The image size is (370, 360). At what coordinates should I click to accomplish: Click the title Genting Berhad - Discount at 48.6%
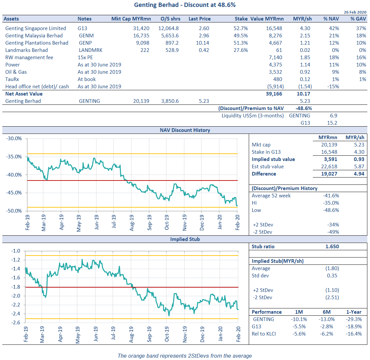(185, 5)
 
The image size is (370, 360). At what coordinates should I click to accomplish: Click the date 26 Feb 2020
(355, 12)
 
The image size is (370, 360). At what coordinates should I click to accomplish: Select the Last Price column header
(200, 19)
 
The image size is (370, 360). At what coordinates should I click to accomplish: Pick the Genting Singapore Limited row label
(36, 28)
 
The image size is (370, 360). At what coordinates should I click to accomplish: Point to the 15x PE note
(85, 58)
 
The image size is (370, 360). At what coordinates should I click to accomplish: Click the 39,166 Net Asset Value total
(275, 94)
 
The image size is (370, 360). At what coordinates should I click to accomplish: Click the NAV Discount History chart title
(185, 130)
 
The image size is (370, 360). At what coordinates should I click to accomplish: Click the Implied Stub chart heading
(185, 239)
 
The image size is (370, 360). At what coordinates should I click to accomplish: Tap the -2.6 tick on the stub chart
(17, 323)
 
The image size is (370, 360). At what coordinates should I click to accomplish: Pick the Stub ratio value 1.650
(332, 246)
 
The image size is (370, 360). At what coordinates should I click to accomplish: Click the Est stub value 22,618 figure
(329, 167)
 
